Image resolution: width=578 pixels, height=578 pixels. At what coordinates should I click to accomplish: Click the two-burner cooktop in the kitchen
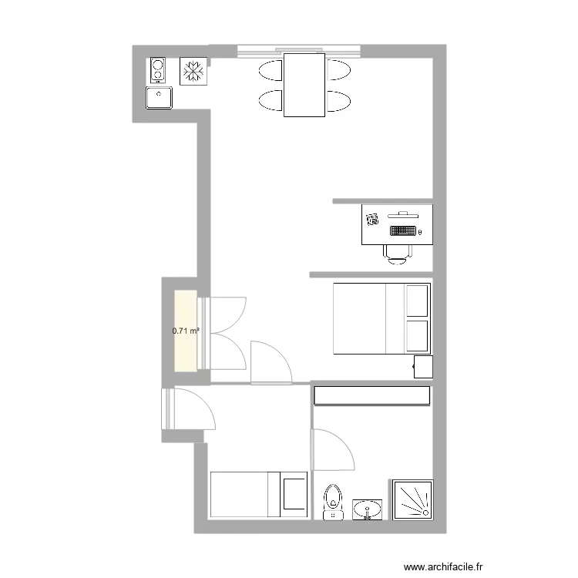pyautogui.click(x=158, y=70)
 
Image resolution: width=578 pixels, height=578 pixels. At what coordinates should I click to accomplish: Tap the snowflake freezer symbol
pyautogui.click(x=193, y=71)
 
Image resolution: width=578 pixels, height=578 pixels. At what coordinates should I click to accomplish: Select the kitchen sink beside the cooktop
pyautogui.click(x=160, y=99)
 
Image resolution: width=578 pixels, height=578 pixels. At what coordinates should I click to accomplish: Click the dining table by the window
pyautogui.click(x=304, y=84)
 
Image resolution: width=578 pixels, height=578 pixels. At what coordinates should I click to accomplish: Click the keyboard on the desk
pyautogui.click(x=403, y=229)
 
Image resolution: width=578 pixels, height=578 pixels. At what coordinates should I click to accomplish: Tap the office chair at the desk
pyautogui.click(x=398, y=253)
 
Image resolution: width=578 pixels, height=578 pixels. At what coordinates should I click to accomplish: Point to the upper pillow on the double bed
pyautogui.click(x=416, y=301)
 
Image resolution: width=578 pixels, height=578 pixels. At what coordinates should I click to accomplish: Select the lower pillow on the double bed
pyautogui.click(x=416, y=337)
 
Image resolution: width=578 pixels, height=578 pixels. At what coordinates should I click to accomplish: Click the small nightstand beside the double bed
pyautogui.click(x=423, y=367)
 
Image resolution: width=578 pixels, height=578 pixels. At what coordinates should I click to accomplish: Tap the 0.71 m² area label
pyautogui.click(x=186, y=331)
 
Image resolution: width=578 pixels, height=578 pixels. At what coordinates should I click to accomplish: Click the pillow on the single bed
pyautogui.click(x=294, y=494)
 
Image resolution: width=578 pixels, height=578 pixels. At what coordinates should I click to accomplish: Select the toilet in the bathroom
pyautogui.click(x=333, y=500)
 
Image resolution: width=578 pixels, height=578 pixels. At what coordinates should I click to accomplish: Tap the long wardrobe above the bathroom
pyautogui.click(x=371, y=395)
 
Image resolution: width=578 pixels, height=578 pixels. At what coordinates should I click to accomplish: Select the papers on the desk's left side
pyautogui.click(x=372, y=219)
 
